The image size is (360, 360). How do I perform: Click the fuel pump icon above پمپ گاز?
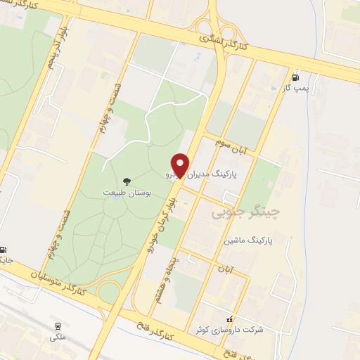pyautogui.click(x=295, y=77)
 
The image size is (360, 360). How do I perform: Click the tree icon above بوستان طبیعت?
pyautogui.click(x=127, y=181)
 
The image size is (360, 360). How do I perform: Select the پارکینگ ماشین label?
pyautogui.click(x=247, y=240)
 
